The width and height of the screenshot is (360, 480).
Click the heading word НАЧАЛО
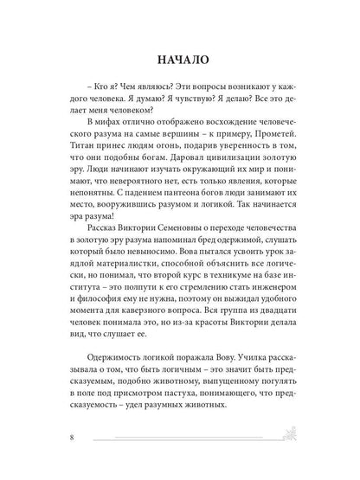tap(180, 62)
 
